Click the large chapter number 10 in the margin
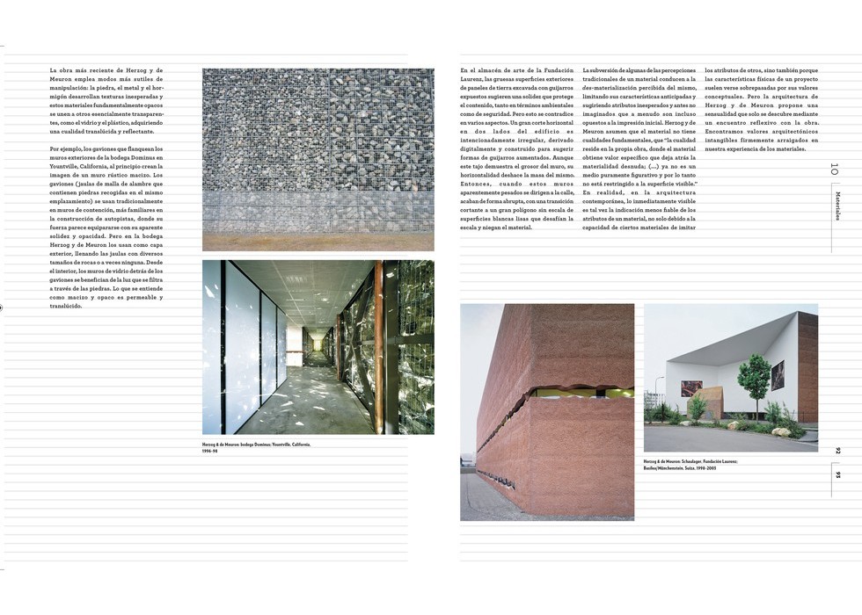[834, 169]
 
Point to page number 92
[837, 451]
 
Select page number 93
[837, 475]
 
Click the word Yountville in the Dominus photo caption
[281, 445]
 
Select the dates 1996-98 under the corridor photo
[209, 452]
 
